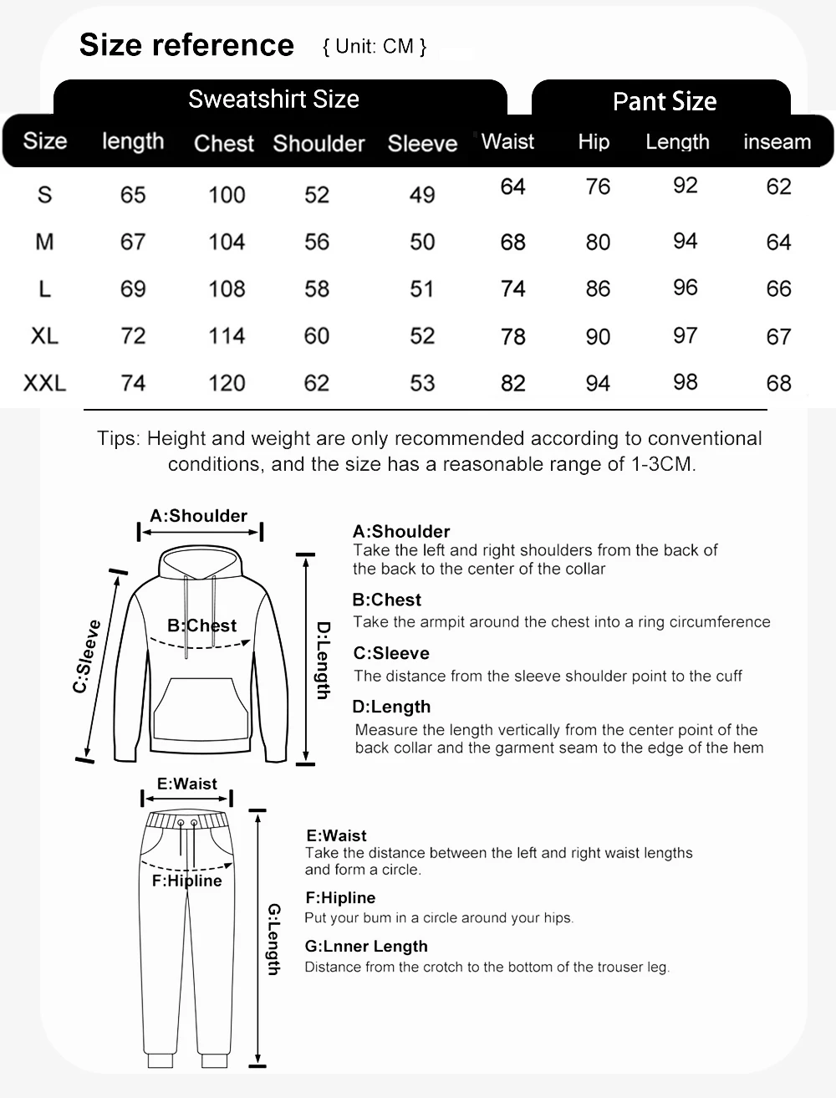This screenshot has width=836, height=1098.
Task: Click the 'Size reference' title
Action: [x=186, y=45]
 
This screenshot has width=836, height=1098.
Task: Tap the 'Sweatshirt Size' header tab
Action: [x=273, y=100]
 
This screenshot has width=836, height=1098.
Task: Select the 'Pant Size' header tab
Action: [x=665, y=102]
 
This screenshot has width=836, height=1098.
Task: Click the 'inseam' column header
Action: [x=777, y=142]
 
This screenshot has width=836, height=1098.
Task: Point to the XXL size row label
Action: [x=44, y=383]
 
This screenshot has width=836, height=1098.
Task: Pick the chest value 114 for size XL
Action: [x=227, y=336]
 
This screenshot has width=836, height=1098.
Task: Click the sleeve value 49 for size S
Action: [x=422, y=195]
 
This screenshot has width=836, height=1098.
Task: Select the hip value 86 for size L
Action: [x=598, y=289]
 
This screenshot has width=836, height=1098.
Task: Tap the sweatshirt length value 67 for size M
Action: [x=133, y=243]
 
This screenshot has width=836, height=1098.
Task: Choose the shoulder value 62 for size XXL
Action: [x=317, y=383]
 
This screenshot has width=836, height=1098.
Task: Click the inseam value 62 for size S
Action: [x=778, y=186]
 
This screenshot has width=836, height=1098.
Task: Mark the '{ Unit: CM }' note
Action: [x=375, y=47]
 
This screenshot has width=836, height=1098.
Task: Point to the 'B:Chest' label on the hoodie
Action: [x=201, y=626]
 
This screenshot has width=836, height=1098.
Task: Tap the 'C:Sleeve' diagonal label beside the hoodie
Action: [x=87, y=656]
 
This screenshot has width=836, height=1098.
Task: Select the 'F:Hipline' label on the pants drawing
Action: [x=186, y=881]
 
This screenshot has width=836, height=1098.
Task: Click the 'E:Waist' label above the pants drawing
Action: [x=187, y=784]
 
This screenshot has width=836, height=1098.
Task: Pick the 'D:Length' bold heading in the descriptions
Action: [x=391, y=707]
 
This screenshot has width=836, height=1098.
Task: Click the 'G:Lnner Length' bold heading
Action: [x=366, y=947]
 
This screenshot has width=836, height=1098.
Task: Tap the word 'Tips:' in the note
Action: [x=120, y=439]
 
